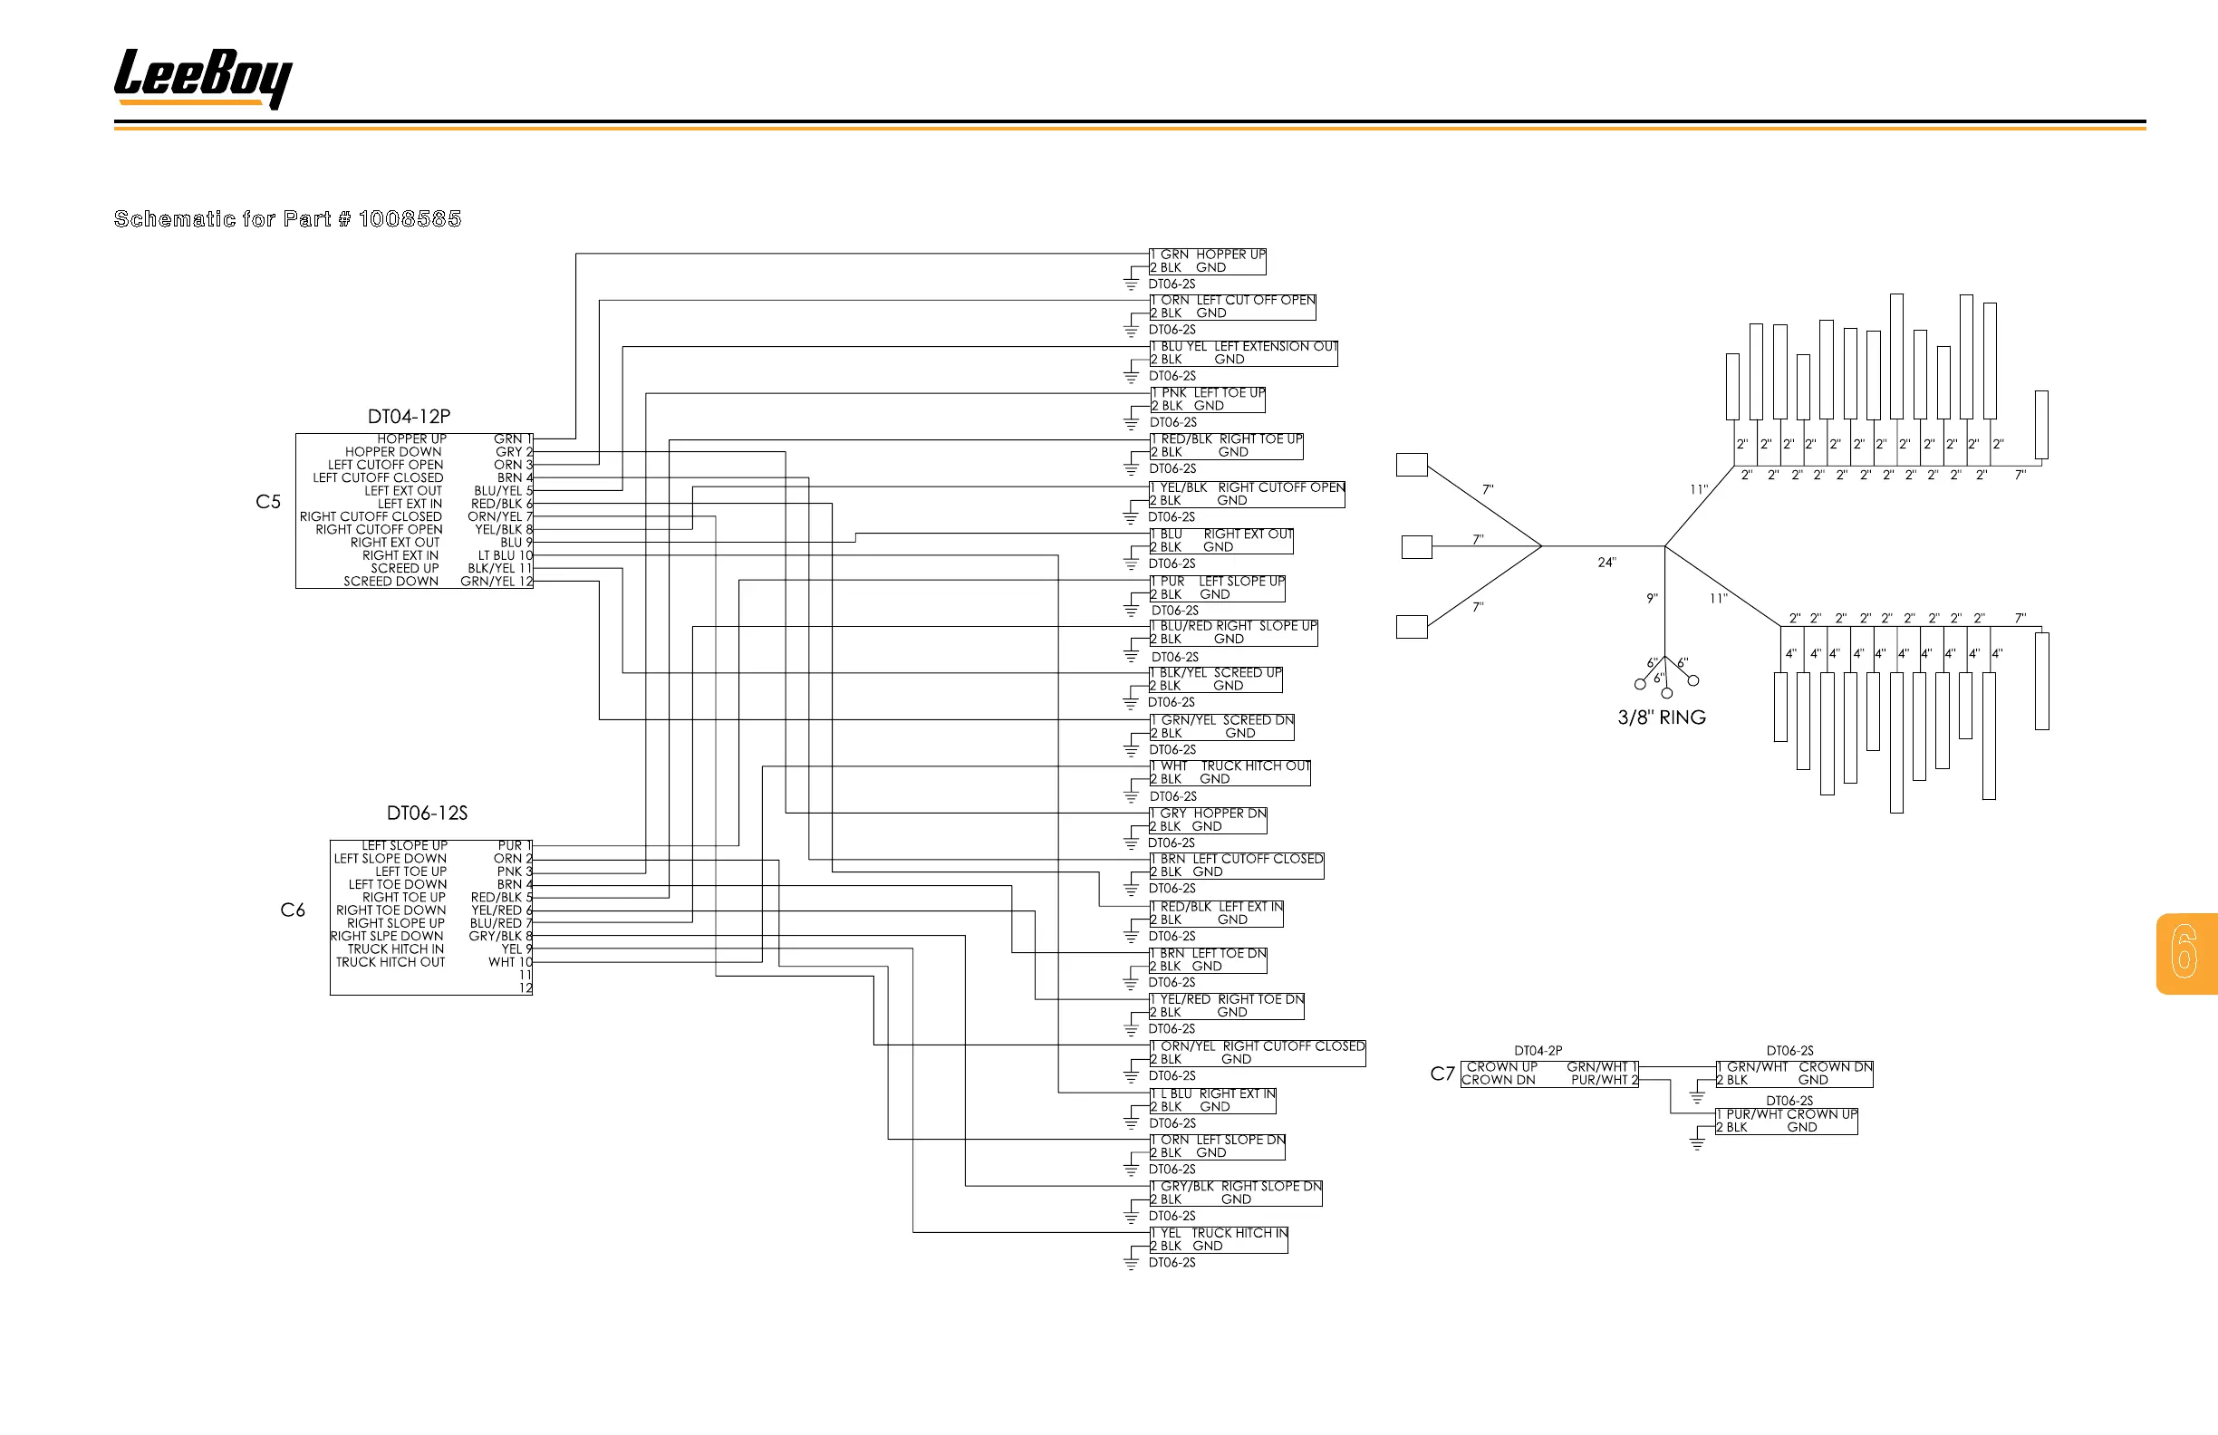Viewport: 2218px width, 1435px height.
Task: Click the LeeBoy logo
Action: point(202,78)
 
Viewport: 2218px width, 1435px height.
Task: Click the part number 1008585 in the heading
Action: point(410,219)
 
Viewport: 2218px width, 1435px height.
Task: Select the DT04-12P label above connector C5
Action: point(409,417)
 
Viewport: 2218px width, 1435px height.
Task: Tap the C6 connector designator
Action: point(293,910)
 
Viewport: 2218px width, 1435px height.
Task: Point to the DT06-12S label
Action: point(427,814)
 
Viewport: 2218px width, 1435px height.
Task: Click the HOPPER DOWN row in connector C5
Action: point(393,452)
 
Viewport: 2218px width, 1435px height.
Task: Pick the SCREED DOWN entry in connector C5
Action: point(391,582)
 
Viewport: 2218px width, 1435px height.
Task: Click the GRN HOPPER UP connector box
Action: point(1208,261)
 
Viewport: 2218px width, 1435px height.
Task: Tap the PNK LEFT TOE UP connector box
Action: point(1208,400)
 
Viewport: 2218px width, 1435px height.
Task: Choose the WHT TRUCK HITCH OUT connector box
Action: point(1230,773)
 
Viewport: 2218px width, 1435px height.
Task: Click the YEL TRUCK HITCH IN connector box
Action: point(1219,1239)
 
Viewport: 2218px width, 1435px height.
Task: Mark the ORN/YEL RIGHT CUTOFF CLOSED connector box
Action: point(1258,1053)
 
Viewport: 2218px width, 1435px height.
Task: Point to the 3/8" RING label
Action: point(1662,717)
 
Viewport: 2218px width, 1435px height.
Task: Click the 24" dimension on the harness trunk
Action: point(1606,563)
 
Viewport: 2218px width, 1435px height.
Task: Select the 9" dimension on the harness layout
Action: point(1652,599)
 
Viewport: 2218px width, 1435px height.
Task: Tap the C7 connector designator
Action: point(1442,1074)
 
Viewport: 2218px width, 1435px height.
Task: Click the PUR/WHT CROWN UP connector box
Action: point(1787,1121)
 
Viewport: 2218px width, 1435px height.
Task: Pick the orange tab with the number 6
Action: point(2185,953)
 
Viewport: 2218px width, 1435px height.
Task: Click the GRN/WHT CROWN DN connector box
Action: point(1794,1074)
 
